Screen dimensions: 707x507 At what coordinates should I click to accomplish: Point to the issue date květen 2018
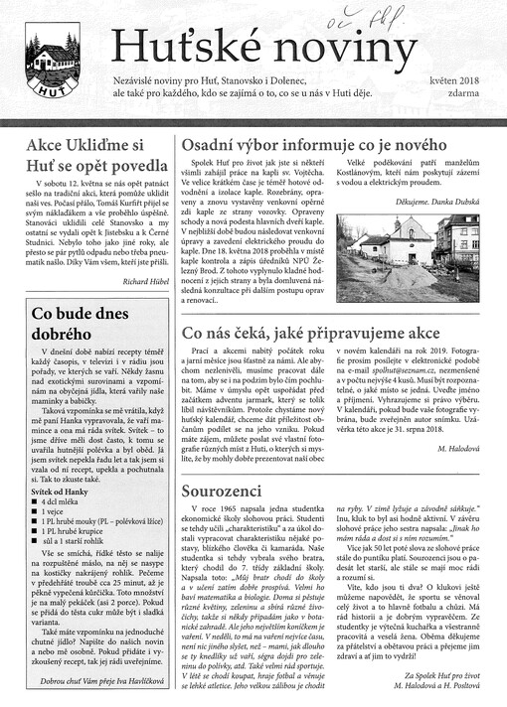pyautogui.click(x=452, y=78)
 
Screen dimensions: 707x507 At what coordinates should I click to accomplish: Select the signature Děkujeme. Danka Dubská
pyautogui.click(x=438, y=199)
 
